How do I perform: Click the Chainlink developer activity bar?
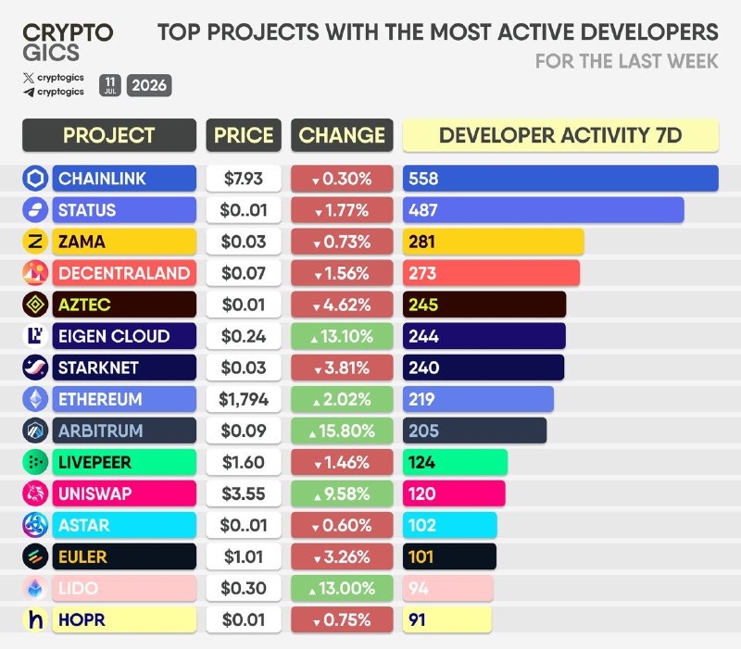coord(560,179)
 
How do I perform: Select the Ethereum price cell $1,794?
coord(244,399)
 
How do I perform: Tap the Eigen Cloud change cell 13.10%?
coord(342,336)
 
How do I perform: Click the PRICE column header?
coord(244,135)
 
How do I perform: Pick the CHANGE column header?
coord(342,135)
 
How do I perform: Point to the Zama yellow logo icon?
coord(35,242)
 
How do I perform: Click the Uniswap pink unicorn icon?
coord(35,493)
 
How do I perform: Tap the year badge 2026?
coord(149,85)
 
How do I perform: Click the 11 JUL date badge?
coord(110,85)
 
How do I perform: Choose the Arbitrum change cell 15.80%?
coord(342,431)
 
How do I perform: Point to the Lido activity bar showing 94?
coord(448,588)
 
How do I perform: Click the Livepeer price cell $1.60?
coord(244,462)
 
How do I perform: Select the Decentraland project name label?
coord(124,273)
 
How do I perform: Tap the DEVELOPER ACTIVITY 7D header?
coord(560,135)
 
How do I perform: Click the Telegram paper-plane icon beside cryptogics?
coord(29,92)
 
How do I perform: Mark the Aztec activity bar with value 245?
coord(484,305)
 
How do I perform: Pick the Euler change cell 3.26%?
coord(342,556)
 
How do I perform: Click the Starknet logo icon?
coord(35,368)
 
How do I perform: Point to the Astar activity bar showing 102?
coord(450,525)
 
